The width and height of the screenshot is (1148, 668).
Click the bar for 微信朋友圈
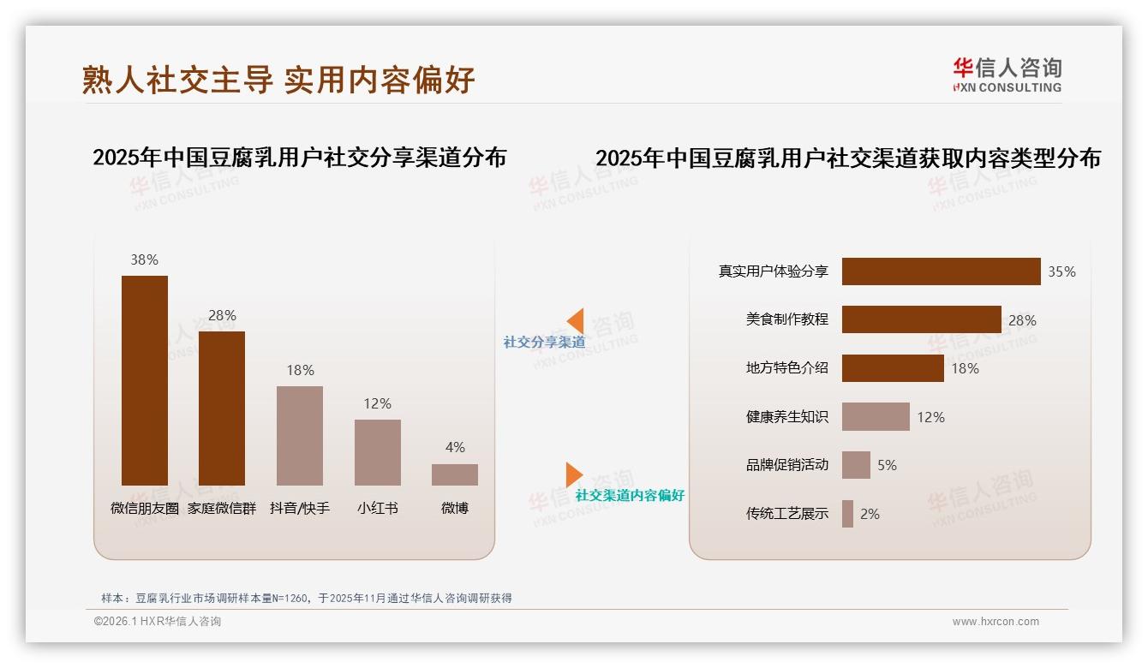click(144, 380)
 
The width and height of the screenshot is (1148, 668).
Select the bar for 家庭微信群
click(222, 409)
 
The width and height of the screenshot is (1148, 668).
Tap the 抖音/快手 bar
click(300, 436)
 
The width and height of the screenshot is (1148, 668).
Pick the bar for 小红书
click(377, 452)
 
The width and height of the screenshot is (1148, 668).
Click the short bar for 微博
click(455, 474)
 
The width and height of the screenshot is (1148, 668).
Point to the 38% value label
click(144, 259)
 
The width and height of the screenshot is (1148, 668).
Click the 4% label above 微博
click(455, 447)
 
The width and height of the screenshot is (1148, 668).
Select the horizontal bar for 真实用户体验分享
click(941, 271)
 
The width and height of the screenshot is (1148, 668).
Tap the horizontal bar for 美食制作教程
click(921, 319)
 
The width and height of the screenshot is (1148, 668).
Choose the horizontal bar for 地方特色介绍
click(893, 368)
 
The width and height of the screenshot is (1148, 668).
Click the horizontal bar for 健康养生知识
click(876, 417)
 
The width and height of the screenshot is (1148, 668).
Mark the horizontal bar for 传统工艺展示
click(847, 514)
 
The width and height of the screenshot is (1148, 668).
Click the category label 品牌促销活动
click(787, 465)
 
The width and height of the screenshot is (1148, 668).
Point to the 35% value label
click(1061, 271)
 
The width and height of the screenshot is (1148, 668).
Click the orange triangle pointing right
click(573, 474)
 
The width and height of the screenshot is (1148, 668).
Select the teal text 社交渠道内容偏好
click(630, 496)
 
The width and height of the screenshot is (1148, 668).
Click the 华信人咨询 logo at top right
click(1007, 75)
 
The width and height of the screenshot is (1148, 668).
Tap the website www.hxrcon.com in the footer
click(995, 622)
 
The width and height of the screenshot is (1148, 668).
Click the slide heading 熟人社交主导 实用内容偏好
click(278, 80)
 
